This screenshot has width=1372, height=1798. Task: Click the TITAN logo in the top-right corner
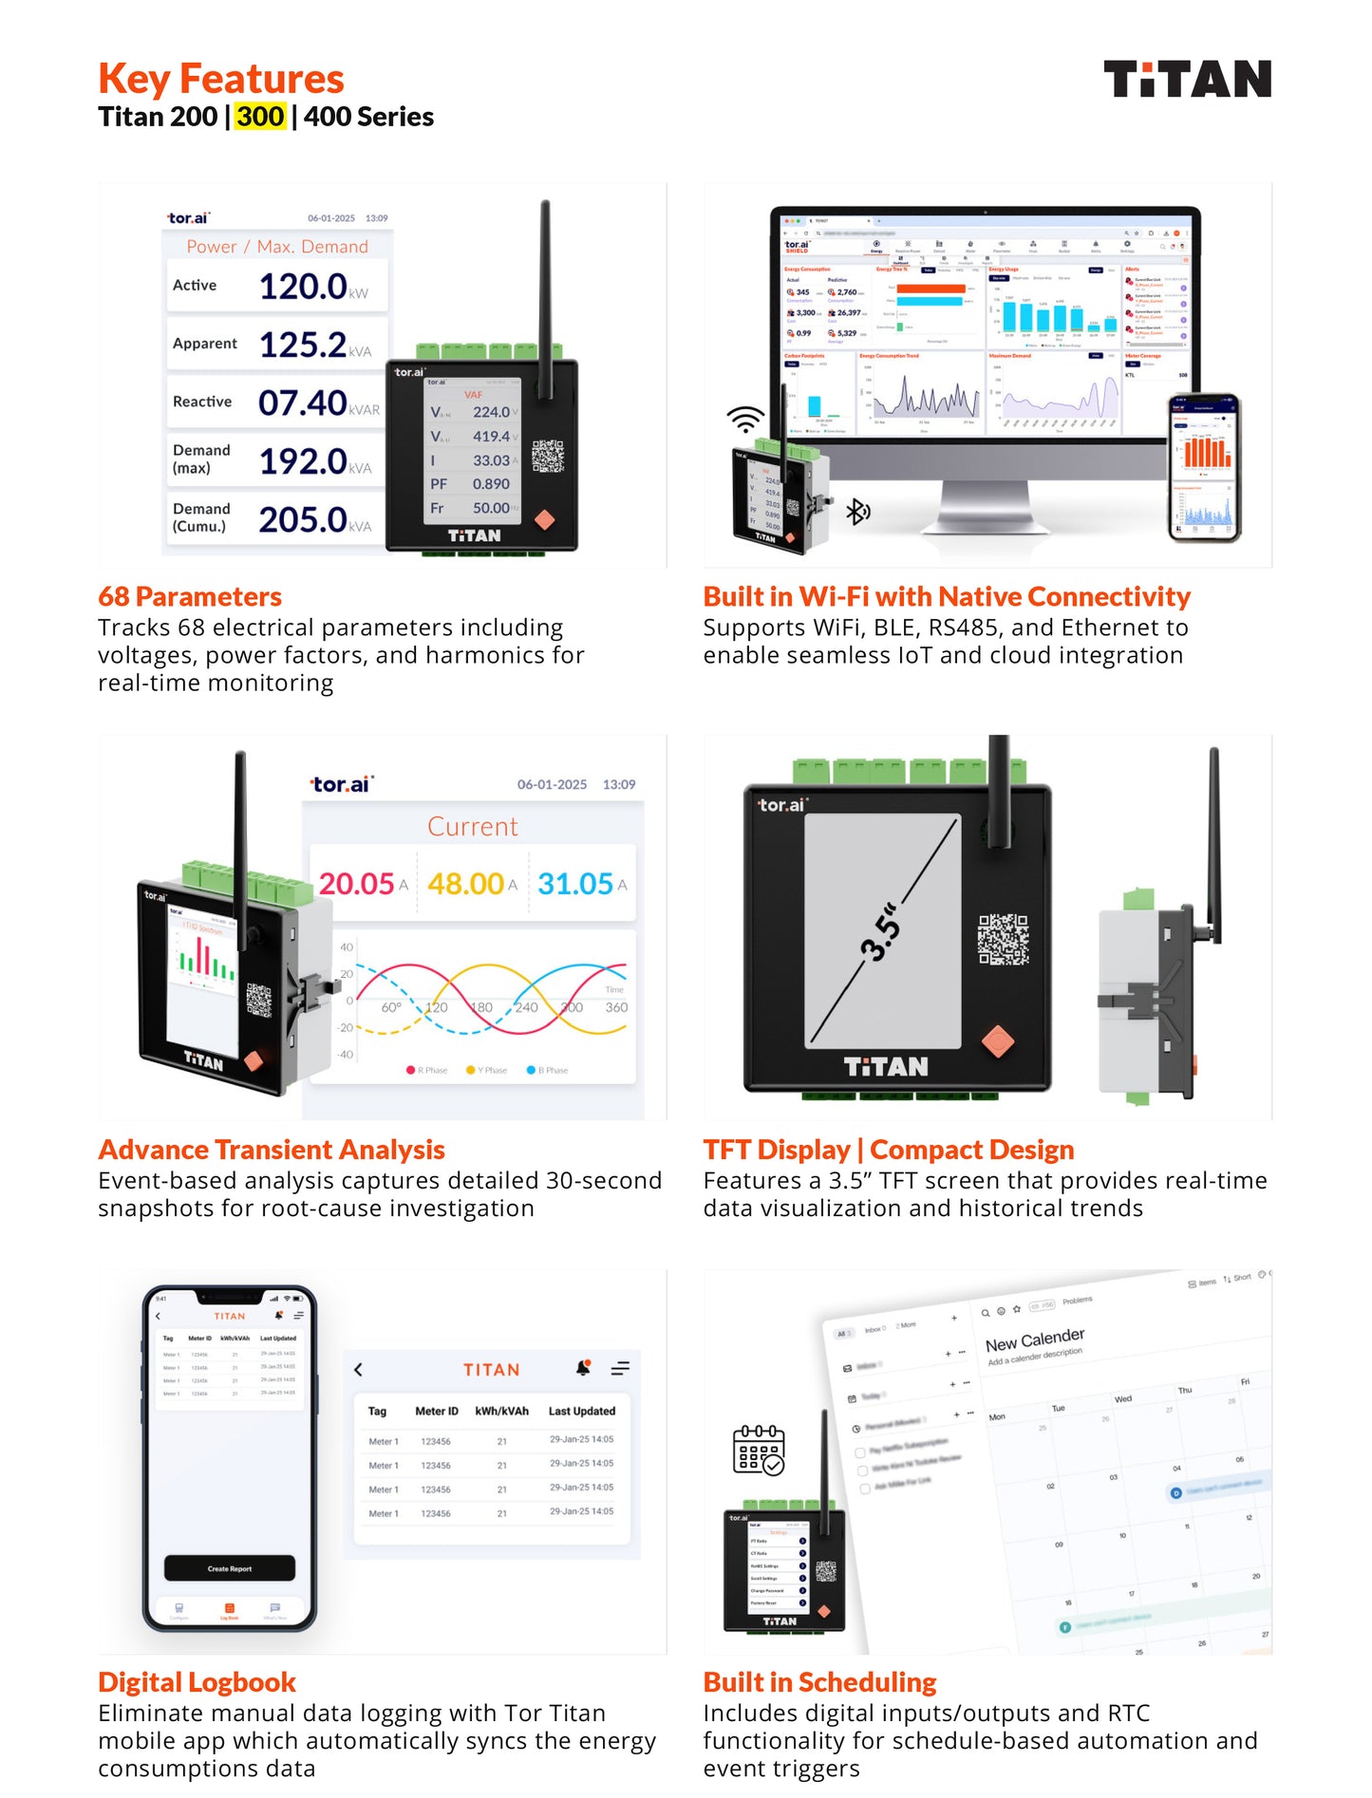tap(1186, 79)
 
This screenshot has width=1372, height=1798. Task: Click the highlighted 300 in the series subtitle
tap(260, 117)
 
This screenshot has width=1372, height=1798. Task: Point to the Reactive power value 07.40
tap(303, 403)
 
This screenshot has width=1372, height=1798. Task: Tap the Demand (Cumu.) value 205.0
tap(303, 520)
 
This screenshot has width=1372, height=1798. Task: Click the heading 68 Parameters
tap(190, 596)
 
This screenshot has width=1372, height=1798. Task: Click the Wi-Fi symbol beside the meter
tap(745, 419)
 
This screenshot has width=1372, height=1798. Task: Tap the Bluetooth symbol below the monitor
tap(857, 512)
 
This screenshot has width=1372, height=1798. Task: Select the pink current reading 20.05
tap(356, 884)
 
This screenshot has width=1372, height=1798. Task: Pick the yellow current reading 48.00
tap(465, 884)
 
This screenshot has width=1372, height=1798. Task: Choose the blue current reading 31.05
tap(575, 884)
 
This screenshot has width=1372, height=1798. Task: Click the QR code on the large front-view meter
tap(1003, 939)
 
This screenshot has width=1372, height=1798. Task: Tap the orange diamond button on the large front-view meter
tap(997, 1041)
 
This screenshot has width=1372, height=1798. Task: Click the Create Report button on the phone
tap(230, 1568)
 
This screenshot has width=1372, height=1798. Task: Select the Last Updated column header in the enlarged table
tap(581, 1411)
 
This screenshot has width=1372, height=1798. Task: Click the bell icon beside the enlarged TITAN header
tap(583, 1368)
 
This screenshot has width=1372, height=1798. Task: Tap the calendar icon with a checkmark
tap(759, 1450)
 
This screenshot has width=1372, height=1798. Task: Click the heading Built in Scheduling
tap(819, 1682)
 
